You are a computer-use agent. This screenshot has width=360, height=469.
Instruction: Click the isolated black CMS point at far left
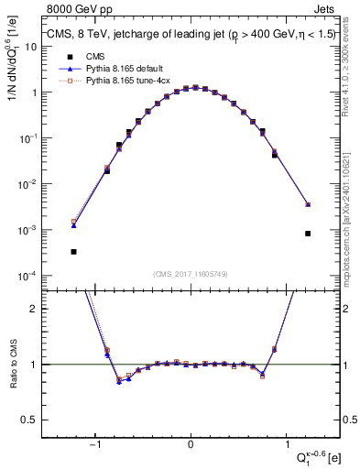tap(73, 251)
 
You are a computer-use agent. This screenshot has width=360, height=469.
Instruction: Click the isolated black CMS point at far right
tap(308, 234)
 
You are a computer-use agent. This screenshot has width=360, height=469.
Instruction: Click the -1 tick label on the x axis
tap(94, 446)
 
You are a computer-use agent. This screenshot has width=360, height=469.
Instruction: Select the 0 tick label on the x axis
tap(191, 446)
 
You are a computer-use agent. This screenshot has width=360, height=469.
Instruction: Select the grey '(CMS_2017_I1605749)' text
tap(191, 274)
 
